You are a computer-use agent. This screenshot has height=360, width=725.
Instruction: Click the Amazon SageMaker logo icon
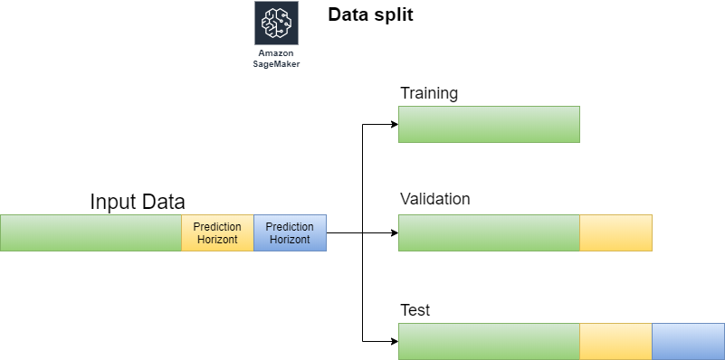click(x=276, y=23)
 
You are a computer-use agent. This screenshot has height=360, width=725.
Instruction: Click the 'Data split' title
click(x=370, y=14)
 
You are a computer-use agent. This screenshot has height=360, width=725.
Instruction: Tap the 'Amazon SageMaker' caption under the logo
click(x=276, y=59)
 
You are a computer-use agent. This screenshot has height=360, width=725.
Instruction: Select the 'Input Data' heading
click(x=138, y=202)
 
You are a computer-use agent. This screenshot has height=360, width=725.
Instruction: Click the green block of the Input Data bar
click(x=91, y=232)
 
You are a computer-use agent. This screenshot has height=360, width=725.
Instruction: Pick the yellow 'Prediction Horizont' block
click(x=217, y=232)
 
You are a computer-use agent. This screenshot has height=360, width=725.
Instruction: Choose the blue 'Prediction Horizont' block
click(x=290, y=232)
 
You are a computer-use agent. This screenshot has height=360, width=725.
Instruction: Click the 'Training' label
click(x=429, y=94)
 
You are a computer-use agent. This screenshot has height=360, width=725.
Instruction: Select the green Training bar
click(x=489, y=124)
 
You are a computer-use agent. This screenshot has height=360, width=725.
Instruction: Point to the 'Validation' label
click(x=434, y=199)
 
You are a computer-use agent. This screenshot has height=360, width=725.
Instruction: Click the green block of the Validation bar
click(x=489, y=232)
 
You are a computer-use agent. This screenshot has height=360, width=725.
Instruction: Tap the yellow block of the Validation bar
click(x=615, y=232)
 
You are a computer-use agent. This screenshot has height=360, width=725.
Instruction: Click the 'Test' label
click(x=415, y=310)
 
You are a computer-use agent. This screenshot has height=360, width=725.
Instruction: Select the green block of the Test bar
click(x=489, y=342)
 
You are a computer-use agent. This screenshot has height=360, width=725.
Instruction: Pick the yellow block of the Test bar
click(x=615, y=342)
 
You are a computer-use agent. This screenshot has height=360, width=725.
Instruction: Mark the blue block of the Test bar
click(x=689, y=342)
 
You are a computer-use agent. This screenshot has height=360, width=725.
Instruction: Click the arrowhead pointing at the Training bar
click(x=395, y=124)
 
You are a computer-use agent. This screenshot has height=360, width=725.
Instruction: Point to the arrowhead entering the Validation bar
click(x=395, y=232)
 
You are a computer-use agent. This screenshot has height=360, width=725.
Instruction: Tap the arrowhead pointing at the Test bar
click(x=395, y=342)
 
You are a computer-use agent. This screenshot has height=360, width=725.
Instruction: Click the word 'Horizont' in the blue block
click(x=290, y=240)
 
